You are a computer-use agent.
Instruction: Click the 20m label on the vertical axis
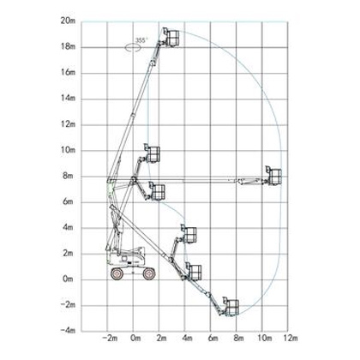click(x=68, y=21)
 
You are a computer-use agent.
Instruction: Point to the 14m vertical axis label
click(x=68, y=99)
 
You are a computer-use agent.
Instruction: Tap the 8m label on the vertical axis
click(x=68, y=176)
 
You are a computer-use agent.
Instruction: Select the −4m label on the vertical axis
click(x=68, y=331)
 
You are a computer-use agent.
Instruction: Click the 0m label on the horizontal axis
click(x=135, y=339)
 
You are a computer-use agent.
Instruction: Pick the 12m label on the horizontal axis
click(x=291, y=339)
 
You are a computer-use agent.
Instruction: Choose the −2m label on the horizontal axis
click(x=110, y=339)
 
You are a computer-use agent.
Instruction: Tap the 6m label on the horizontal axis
click(x=213, y=339)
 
